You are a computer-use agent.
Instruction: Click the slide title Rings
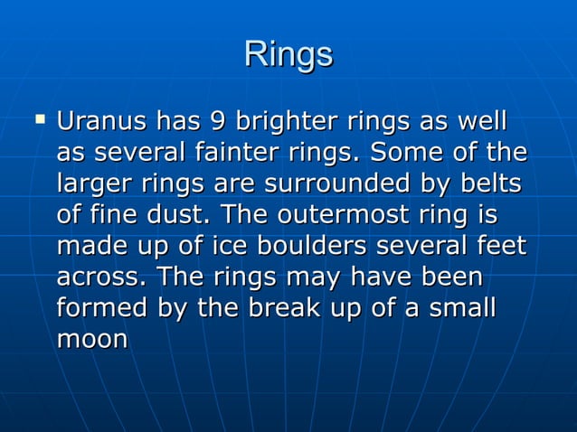pos(288,54)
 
